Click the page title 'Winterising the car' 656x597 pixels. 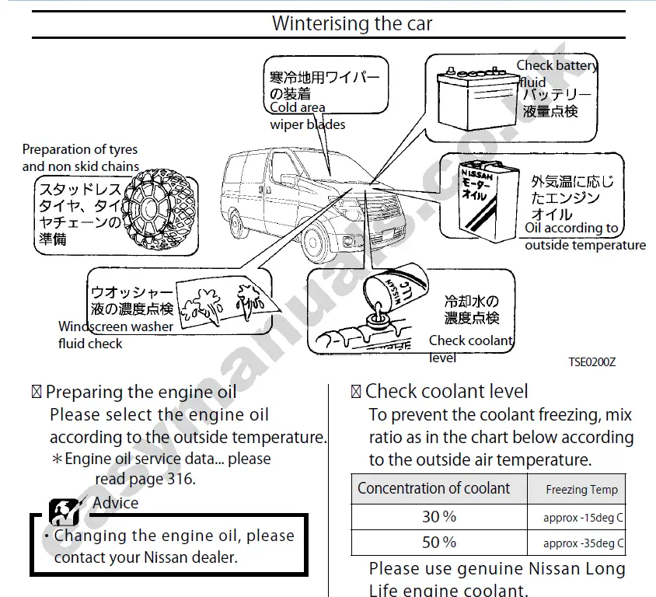351,23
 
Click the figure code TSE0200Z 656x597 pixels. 591,362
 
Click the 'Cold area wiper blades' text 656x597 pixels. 308,117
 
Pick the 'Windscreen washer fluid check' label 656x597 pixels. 115,335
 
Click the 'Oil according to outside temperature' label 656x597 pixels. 584,236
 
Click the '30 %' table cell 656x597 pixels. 438,517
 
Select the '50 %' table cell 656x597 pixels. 438,542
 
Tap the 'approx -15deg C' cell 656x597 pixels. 583,518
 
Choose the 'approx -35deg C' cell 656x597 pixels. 583,543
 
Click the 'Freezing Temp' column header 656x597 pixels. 581,490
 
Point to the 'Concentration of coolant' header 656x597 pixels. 434,489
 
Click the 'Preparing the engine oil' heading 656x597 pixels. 141,392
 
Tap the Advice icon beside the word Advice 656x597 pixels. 64,510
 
